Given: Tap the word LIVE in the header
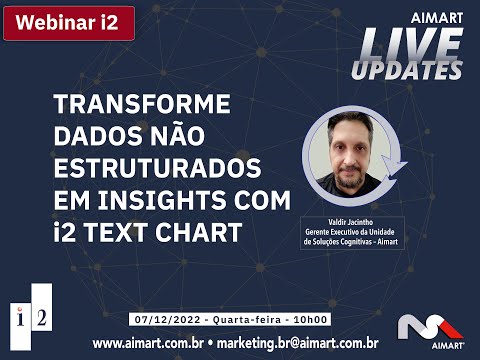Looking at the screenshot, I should click(x=410, y=44).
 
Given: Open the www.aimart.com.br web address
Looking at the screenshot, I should click(x=148, y=343).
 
